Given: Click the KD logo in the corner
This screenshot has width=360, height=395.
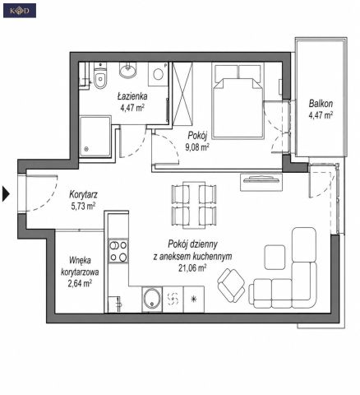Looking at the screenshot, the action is tap(20, 11).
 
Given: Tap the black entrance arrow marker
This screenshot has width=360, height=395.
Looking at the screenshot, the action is tap(6, 194).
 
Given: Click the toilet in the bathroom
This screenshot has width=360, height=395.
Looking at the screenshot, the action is tap(100, 76).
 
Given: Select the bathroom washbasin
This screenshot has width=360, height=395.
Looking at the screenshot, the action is tap(127, 70).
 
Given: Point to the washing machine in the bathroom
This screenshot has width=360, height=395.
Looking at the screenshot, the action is tap(158, 73).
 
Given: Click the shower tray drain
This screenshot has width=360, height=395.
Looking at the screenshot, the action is tap(86, 149).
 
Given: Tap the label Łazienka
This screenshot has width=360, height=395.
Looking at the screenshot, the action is tap(132, 96).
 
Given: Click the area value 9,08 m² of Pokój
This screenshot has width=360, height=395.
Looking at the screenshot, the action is tap(197, 147).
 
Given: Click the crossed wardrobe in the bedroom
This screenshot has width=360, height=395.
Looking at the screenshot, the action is tap(182, 94).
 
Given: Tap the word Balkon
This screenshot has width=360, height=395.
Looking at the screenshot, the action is tap(321, 104).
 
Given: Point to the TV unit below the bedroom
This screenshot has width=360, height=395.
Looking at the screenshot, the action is tap(261, 182).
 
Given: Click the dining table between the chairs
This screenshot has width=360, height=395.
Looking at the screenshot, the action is tap(194, 205).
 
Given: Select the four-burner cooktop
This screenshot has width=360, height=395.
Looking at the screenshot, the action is tap(118, 250).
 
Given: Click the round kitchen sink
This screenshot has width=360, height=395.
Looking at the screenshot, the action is tap(152, 299).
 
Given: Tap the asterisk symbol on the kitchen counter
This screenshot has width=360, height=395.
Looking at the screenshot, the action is tap(194, 299).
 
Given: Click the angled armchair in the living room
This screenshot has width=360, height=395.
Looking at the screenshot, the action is tap(231, 286).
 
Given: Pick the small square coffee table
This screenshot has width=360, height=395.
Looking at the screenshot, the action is tap(275, 258).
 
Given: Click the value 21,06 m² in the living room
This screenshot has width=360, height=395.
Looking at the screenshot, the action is tap(192, 268).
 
